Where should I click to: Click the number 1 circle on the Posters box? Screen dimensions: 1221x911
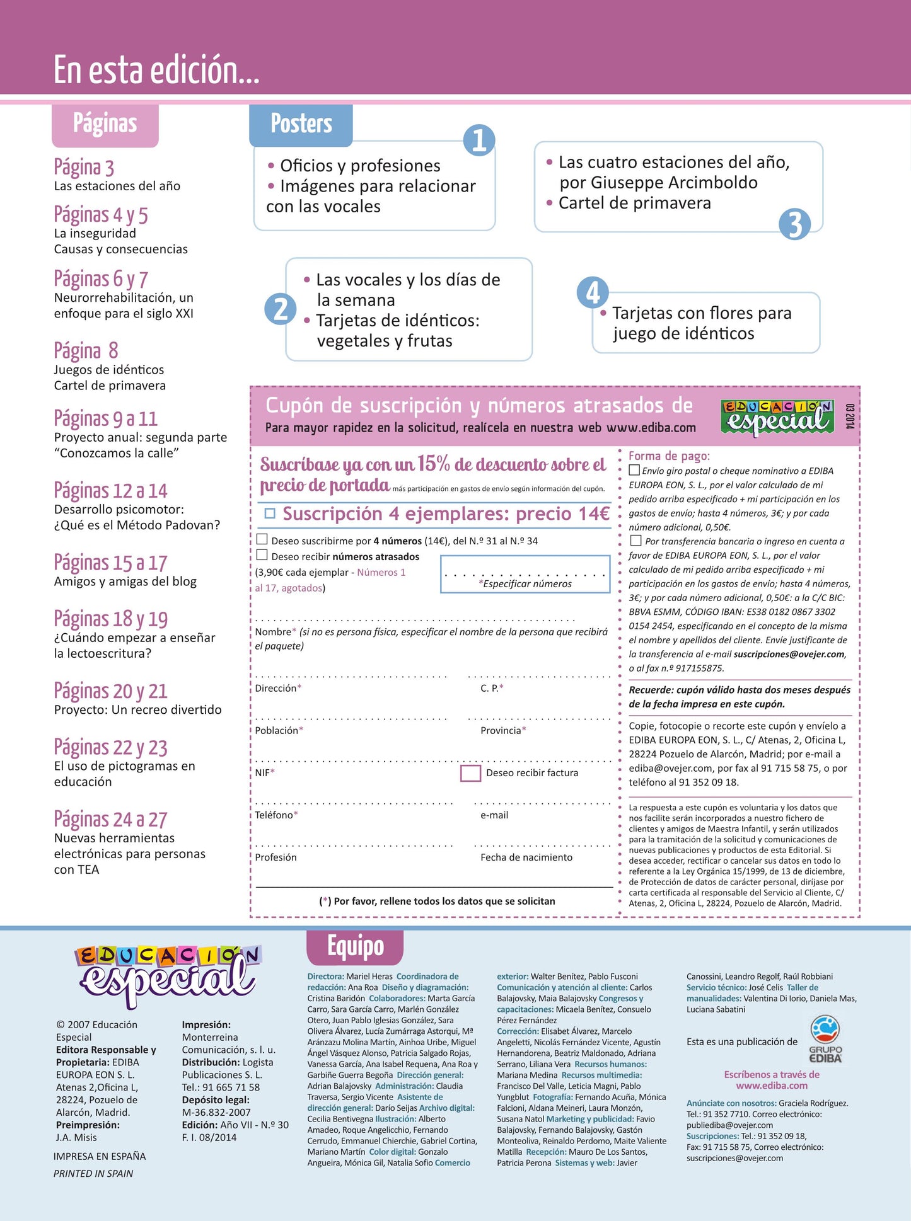coord(479,140)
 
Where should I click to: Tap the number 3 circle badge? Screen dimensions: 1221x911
coord(794,224)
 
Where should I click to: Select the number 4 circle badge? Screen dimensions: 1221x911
coord(593,292)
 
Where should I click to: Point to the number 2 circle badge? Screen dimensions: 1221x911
coord(281,309)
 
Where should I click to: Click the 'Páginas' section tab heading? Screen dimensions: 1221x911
coord(105,124)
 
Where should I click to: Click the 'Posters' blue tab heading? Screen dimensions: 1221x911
coord(301,124)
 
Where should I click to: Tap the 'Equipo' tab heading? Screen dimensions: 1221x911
coord(355,946)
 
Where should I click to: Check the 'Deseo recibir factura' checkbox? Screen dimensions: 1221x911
coord(470,773)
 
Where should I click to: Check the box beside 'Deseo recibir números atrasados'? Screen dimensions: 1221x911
coord(262,555)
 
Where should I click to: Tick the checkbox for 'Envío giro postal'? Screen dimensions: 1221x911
coord(634,470)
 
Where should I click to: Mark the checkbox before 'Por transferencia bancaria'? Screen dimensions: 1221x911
coord(635,541)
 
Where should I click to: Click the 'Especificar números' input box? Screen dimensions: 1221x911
coord(525,574)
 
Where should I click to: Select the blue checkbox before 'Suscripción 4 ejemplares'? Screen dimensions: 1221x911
coord(270,513)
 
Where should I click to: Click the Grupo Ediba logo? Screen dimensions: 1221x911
coord(825,1038)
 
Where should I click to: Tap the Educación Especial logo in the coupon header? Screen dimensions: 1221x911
coord(777,417)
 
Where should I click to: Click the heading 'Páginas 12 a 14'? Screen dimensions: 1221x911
coord(110,490)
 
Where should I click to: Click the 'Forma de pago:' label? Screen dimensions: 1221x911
coord(669,456)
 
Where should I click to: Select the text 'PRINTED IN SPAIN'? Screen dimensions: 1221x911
coord(93,1173)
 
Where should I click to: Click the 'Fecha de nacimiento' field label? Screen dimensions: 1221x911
coord(526,857)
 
